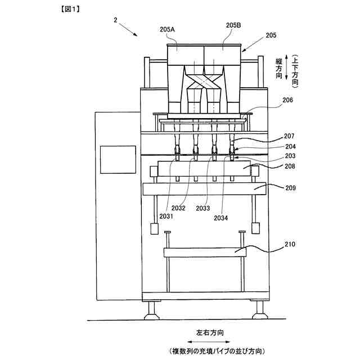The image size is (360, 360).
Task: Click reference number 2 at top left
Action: (x=115, y=20)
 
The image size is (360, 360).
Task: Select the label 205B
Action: (x=233, y=25)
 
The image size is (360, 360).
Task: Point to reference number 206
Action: (x=287, y=101)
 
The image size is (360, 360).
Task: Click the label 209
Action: (x=287, y=187)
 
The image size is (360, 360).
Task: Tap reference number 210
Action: (x=287, y=244)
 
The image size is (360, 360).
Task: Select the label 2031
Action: (x=166, y=216)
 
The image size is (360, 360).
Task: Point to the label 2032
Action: (x=178, y=208)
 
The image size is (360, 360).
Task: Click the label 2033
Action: (x=203, y=208)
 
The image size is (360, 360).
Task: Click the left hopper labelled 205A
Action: (x=185, y=55)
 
